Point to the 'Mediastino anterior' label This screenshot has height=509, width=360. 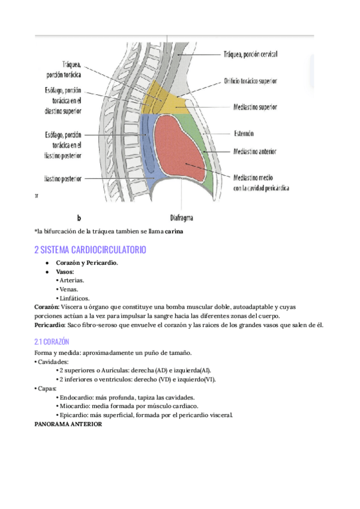coord(258,152)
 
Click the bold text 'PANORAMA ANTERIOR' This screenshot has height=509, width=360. coord(68,424)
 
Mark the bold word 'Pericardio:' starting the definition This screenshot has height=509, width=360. coord(50,325)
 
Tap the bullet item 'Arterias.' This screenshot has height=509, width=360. coord(71,280)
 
